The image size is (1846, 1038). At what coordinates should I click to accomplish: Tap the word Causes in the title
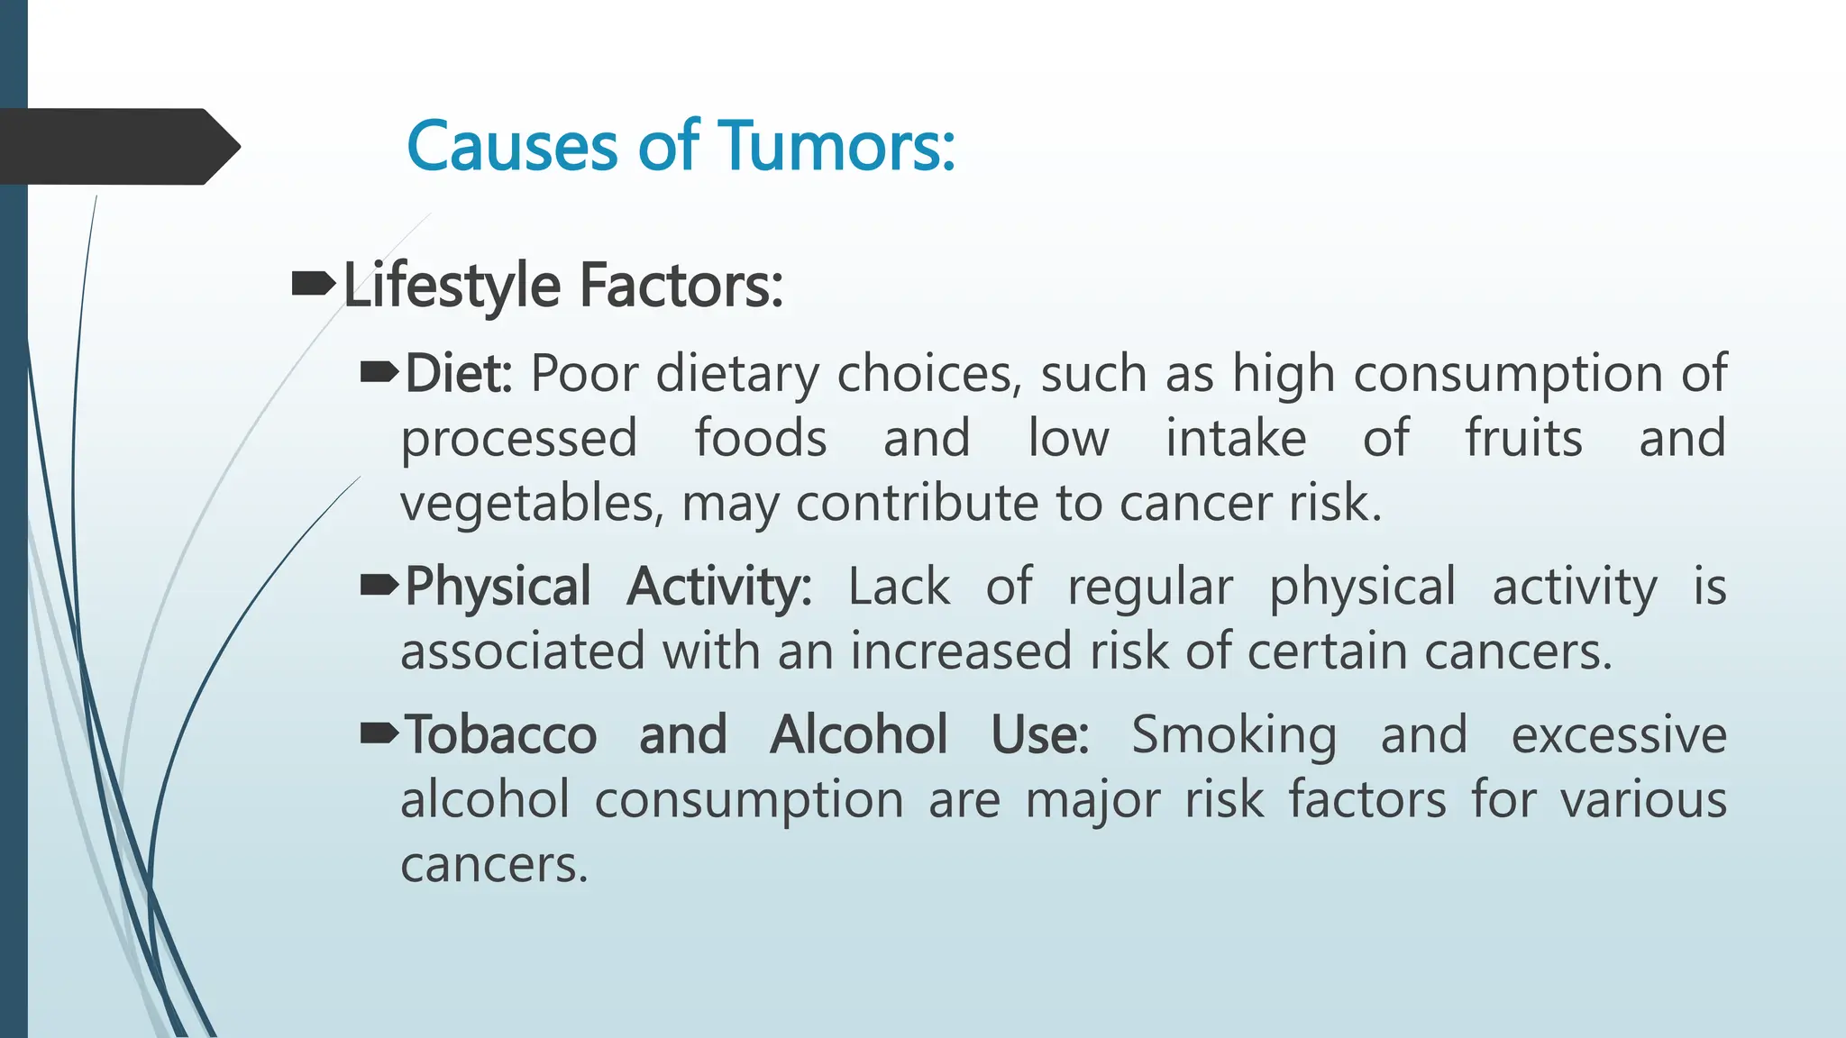(x=512, y=146)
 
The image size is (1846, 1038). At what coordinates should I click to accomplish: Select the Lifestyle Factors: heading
(x=562, y=286)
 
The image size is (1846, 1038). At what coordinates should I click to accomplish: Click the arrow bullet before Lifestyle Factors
(x=313, y=285)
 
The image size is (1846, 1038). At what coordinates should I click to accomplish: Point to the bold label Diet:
(x=458, y=373)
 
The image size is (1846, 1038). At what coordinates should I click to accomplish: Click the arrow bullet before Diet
(x=379, y=371)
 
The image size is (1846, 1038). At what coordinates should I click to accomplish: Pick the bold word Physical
(x=498, y=587)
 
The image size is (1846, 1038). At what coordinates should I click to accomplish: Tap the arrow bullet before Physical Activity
(x=379, y=587)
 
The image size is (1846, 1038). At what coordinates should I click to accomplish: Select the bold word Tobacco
(x=500, y=734)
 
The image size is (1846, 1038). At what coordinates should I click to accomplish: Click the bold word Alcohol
(x=858, y=734)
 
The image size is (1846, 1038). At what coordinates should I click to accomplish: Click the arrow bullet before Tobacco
(x=379, y=734)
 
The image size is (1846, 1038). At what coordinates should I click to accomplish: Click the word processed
(x=519, y=440)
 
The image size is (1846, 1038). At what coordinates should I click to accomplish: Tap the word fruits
(x=1523, y=438)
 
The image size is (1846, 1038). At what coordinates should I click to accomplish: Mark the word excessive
(x=1619, y=734)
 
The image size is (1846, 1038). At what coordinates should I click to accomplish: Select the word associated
(x=523, y=651)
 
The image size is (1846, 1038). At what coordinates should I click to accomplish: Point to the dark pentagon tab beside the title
(x=117, y=147)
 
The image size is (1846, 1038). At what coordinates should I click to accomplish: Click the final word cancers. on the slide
(x=494, y=865)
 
